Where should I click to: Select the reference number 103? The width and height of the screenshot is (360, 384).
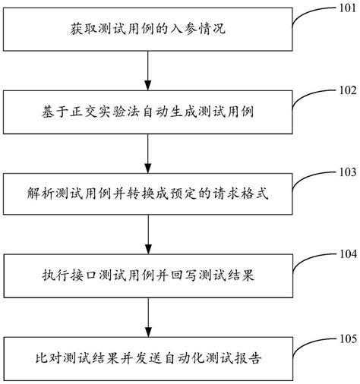[x=343, y=172]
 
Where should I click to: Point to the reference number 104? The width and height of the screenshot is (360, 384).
[x=343, y=253]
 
